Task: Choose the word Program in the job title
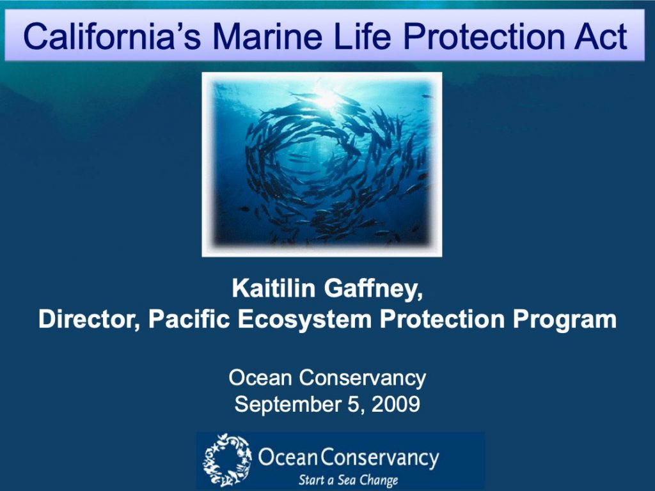click(565, 320)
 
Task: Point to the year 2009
click(395, 404)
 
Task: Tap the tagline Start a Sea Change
click(348, 480)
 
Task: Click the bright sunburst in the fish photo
click(326, 98)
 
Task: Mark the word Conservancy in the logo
click(380, 458)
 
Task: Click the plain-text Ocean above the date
click(260, 378)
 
